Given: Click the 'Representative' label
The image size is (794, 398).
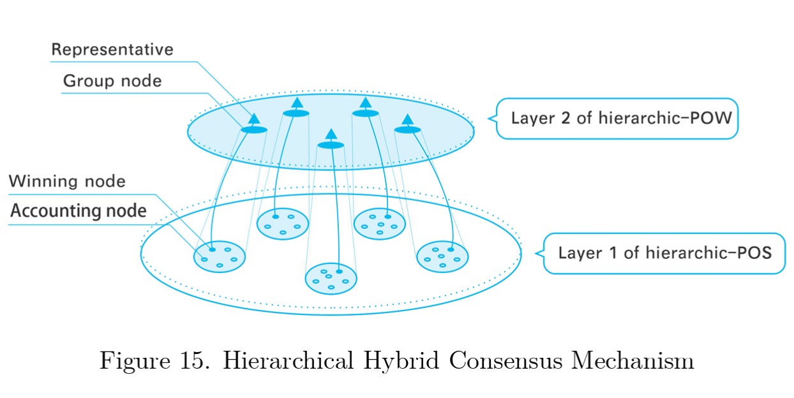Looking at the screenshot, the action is pyautogui.click(x=112, y=49).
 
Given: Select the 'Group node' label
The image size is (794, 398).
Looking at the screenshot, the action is pyautogui.click(x=112, y=81).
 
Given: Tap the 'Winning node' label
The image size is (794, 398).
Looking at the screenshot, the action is pyautogui.click(x=67, y=181).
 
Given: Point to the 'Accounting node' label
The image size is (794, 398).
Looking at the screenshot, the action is pyautogui.click(x=79, y=210).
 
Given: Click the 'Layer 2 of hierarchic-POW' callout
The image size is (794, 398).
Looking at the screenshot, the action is pyautogui.click(x=617, y=118).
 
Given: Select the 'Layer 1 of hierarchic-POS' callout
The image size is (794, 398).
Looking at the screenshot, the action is pyautogui.click(x=664, y=253).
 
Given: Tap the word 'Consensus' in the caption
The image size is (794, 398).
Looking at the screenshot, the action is pyautogui.click(x=506, y=361).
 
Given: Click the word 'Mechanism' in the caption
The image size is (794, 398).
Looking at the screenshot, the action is pyautogui.click(x=633, y=361).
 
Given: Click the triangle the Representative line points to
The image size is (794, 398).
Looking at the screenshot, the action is pyautogui.click(x=254, y=118).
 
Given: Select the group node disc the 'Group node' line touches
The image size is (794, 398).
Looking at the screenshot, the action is pyautogui.click(x=254, y=129).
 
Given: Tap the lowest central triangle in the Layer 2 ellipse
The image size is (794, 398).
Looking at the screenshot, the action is pyautogui.click(x=331, y=134).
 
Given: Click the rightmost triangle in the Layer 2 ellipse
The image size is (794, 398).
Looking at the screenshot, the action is pyautogui.click(x=408, y=119).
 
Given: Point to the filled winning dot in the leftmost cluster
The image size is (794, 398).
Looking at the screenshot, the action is pyautogui.click(x=213, y=249).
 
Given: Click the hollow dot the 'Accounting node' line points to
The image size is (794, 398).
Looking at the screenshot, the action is pyautogui.click(x=204, y=260).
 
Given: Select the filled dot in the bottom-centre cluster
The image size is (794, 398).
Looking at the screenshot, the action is pyautogui.click(x=340, y=272).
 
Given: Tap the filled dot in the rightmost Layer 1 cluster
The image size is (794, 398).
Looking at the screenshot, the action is pyautogui.click(x=451, y=249).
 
